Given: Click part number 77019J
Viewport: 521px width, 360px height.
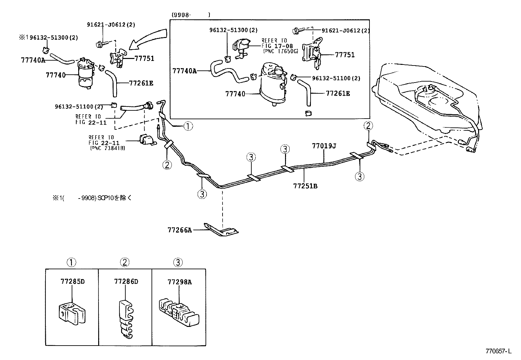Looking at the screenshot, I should point(324,146).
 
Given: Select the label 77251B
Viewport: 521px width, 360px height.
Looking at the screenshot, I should point(305,186).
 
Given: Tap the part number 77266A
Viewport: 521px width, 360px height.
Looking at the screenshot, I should point(180,230).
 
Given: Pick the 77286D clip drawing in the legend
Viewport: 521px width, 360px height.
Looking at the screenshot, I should point(126,317).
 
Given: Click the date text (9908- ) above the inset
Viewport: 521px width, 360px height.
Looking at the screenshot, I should point(190,15).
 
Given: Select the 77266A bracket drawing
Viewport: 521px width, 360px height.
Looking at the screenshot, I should point(222,230).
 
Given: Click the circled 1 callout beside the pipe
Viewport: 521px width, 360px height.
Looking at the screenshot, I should point(188,126).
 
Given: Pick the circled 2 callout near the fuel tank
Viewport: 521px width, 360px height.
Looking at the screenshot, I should point(368,125).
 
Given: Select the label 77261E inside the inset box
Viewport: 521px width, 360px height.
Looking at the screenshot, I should point(338,93).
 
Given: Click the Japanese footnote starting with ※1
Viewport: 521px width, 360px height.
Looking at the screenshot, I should point(92,198).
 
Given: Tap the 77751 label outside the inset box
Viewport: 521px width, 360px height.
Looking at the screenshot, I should point(144,59).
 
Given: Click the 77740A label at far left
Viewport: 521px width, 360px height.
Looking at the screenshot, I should point(33,60).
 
